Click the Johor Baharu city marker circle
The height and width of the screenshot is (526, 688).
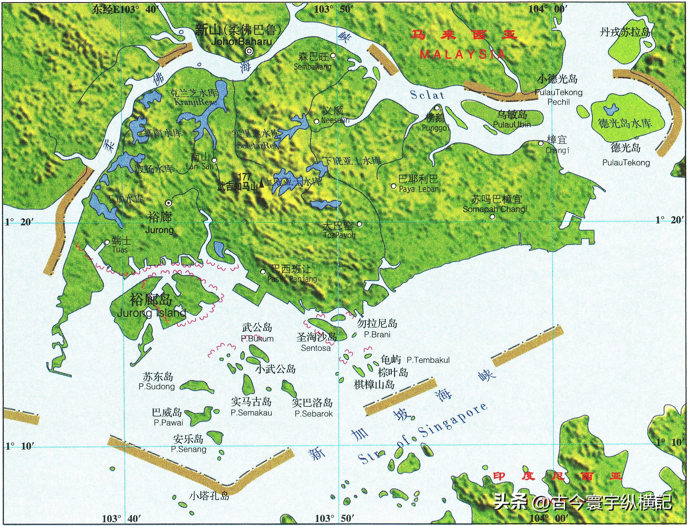point(249,51)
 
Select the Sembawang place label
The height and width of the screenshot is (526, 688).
point(312,67)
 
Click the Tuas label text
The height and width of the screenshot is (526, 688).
point(120,250)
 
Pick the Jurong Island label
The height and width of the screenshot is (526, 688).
point(151,313)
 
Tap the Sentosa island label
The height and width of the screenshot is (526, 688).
point(315,348)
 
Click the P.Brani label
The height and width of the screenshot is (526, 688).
point(377,334)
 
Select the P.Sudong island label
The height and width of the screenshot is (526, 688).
point(157,386)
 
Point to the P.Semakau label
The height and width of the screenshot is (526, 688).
point(251,413)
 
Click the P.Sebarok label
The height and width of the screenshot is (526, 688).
point(313,414)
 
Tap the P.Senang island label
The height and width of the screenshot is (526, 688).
point(188,449)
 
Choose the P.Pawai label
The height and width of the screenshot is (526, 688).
point(168,423)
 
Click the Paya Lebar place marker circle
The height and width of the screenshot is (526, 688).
point(394,186)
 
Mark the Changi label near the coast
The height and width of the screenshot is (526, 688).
point(557,150)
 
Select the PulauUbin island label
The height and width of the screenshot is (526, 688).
point(512,125)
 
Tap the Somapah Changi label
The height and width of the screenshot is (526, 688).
point(495,209)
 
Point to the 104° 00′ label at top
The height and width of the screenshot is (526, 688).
point(547,9)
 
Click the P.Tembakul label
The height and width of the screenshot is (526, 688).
point(428,360)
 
